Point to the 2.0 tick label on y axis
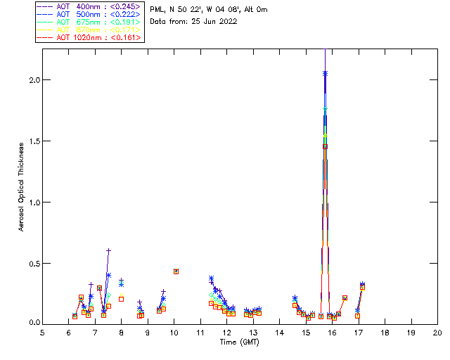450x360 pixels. (32, 80)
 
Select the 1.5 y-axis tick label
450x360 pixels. (32, 141)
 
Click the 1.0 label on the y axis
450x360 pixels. (32, 202)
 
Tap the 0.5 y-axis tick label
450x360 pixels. (32, 263)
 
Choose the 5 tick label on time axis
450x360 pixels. (42, 332)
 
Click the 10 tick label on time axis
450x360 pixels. (174, 332)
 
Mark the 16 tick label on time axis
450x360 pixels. (332, 332)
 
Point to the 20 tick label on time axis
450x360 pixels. (437, 332)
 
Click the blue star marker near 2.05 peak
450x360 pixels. (325, 73)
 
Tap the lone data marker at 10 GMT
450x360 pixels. (176, 271)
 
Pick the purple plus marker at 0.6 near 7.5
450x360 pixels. (108, 250)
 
